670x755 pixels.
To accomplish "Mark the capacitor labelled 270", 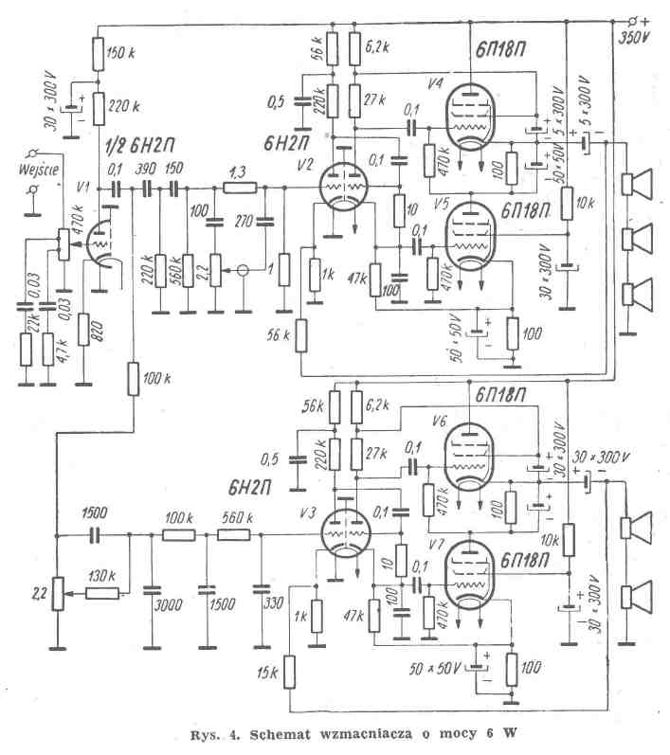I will [x=264, y=225].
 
